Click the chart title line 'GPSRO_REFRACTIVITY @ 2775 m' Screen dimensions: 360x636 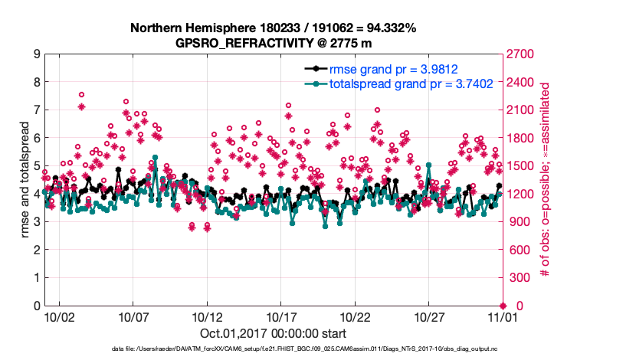(274, 44)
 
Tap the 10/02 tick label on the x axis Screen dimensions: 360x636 (59, 316)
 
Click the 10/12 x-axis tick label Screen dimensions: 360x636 (207, 316)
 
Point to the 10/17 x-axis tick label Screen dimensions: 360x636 (281, 316)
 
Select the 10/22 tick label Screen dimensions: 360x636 (356, 316)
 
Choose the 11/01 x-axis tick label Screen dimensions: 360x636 (503, 316)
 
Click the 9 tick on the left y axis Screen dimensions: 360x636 (36, 54)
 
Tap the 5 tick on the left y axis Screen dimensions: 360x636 (36, 166)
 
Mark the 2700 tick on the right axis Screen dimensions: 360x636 (521, 54)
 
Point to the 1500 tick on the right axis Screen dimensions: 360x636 (521, 166)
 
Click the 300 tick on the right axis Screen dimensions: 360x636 (518, 278)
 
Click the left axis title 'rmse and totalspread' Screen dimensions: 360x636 (24, 180)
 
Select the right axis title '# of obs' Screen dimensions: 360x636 (546, 180)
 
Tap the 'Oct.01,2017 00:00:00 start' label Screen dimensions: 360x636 (273, 333)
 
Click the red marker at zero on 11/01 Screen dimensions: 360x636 (503, 306)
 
